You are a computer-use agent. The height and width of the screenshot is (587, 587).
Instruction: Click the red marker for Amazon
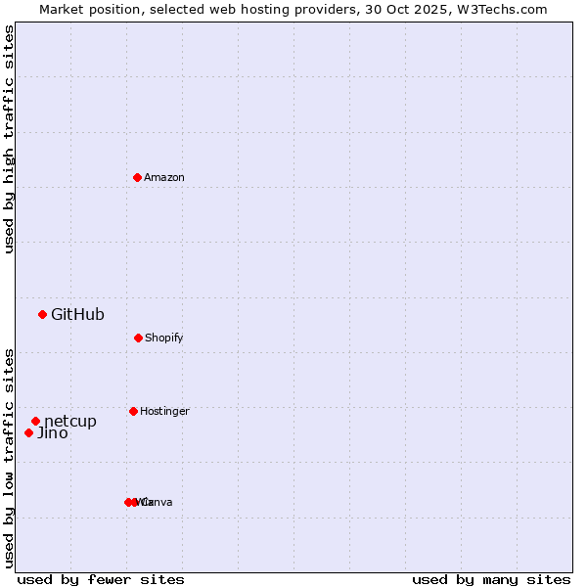(x=138, y=177)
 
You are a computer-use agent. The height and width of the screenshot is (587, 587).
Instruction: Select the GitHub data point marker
(x=42, y=314)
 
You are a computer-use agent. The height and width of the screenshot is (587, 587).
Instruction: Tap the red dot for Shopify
(x=138, y=338)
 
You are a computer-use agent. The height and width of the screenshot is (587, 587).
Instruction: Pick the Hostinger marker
(x=133, y=411)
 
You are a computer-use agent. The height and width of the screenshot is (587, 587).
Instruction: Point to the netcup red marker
(x=35, y=421)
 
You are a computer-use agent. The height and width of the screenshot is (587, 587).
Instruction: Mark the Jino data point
(x=28, y=432)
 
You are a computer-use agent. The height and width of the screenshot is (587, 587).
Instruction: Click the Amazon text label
(x=164, y=177)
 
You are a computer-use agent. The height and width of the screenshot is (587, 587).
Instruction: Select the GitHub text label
(x=77, y=314)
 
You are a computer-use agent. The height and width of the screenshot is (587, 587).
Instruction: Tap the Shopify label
(x=164, y=338)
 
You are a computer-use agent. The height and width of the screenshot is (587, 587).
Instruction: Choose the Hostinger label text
(x=164, y=411)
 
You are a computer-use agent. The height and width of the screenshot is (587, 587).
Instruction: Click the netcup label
(x=70, y=421)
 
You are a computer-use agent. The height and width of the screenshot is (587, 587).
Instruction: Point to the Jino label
(x=53, y=432)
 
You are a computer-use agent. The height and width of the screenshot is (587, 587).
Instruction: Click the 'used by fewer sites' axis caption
(x=101, y=579)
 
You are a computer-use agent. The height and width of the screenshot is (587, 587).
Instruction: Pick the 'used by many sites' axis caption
(x=491, y=579)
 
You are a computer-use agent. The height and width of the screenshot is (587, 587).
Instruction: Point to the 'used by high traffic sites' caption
(x=9, y=139)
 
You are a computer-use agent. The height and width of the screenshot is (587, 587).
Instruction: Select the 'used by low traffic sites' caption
(x=9, y=457)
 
